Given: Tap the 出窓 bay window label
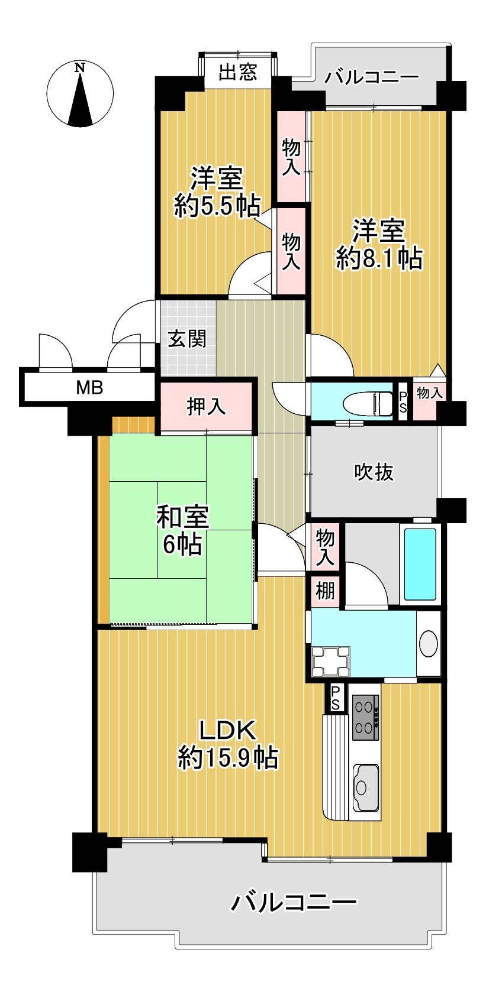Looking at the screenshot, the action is [238, 72].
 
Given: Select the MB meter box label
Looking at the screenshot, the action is [89, 388].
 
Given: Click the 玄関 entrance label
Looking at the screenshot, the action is [186, 339].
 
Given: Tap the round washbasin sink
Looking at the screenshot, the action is [429, 643].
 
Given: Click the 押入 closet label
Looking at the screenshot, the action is [206, 406].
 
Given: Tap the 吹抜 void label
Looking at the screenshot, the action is [374, 472].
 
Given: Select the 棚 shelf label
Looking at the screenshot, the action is [325, 591].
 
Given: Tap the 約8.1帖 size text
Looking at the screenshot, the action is [379, 258].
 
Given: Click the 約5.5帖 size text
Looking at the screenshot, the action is [217, 205].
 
